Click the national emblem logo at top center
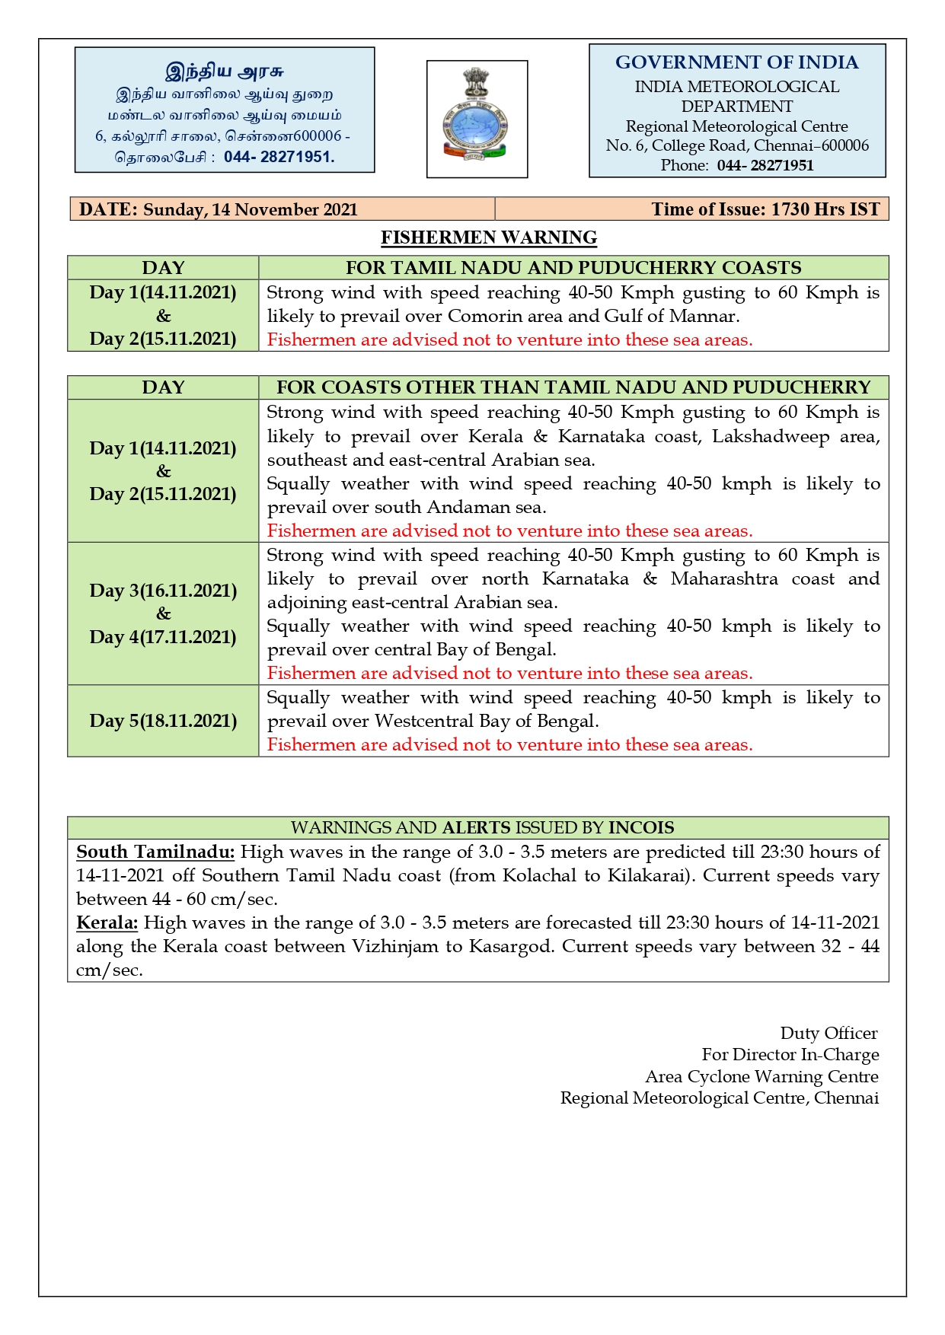(477, 118)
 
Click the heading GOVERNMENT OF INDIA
(736, 62)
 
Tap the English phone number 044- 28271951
(765, 165)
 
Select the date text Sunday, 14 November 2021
(251, 209)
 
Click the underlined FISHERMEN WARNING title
(489, 237)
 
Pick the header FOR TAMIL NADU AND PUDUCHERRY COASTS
(573, 268)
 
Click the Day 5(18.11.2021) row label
(163, 721)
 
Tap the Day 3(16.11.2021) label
(163, 591)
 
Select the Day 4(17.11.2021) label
(163, 637)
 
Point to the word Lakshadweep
(771, 436)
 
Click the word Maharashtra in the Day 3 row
(724, 578)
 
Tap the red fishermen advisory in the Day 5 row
(509, 744)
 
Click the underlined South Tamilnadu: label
(155, 852)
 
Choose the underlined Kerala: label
(107, 922)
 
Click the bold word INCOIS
(641, 827)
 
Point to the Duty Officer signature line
(828, 1033)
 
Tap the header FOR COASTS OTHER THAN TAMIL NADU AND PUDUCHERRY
(573, 387)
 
